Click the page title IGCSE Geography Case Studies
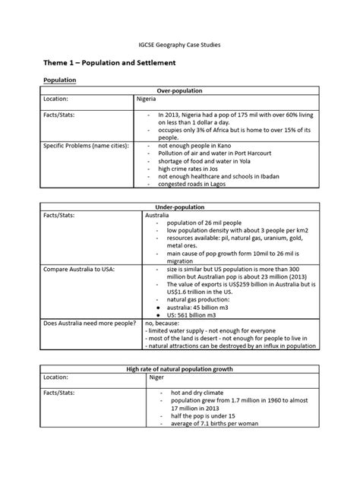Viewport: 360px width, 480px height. pos(179,45)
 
